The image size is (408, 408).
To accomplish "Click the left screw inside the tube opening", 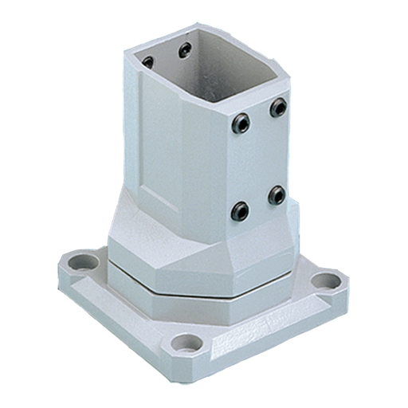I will tap(147, 61).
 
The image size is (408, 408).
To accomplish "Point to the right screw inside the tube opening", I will tap(184, 51).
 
